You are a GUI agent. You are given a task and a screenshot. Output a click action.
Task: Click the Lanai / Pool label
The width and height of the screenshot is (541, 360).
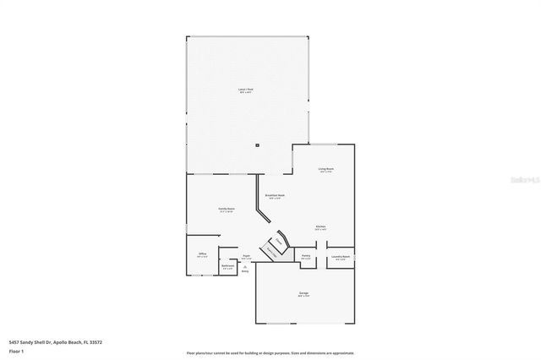tap(245, 89)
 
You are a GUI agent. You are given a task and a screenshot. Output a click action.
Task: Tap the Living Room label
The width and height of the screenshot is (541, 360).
tap(326, 169)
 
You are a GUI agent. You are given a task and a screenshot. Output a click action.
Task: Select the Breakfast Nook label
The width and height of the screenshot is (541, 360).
tap(272, 196)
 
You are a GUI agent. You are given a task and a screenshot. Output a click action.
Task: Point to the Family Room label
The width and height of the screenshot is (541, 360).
tap(226, 209)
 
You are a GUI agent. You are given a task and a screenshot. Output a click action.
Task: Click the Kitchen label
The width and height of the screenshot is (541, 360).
tap(321, 226)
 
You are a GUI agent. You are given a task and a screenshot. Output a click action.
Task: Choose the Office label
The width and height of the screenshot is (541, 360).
tap(202, 254)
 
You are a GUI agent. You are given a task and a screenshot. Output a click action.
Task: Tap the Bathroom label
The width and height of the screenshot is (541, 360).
tap(227, 266)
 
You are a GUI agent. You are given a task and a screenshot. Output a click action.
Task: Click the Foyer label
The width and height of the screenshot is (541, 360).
tap(246, 256)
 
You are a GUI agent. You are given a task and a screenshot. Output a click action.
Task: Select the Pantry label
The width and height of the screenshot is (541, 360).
tap(306, 256)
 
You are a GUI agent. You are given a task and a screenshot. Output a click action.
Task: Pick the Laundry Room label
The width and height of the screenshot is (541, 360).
tap(341, 257)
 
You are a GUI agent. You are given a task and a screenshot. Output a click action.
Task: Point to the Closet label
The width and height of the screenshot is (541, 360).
tap(277, 242)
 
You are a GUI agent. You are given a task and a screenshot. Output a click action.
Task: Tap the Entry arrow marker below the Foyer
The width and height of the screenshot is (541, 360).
tap(245, 270)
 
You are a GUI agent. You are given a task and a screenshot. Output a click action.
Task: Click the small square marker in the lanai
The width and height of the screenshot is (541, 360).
tap(256, 145)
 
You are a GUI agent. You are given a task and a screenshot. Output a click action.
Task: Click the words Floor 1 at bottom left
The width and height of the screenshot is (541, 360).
tap(17, 351)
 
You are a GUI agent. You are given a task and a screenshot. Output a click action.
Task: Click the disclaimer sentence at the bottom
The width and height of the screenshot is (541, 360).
tap(270, 352)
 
